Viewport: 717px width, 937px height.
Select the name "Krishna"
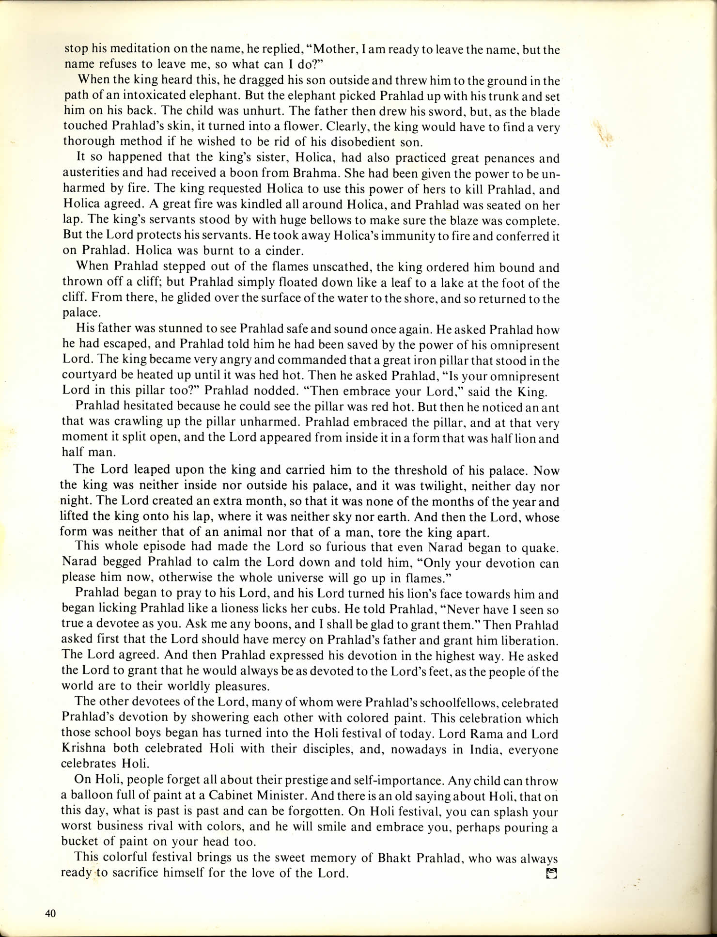click(x=91, y=749)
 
